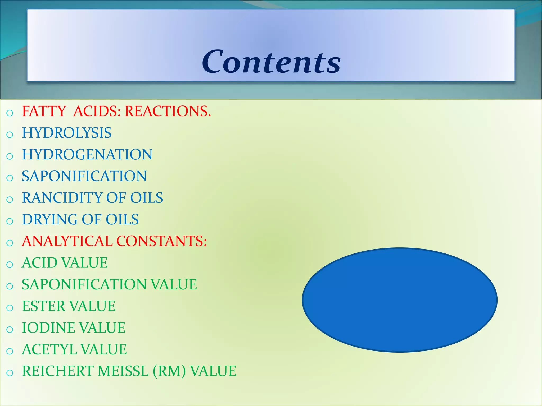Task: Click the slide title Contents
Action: pos(271,62)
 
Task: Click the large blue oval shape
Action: pos(400,300)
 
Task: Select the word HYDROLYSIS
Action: pos(67,133)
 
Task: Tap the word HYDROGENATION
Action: pos(87,154)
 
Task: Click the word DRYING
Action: pos(49,219)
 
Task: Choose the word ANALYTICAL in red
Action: pos(67,241)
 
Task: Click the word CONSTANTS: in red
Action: pos(161,241)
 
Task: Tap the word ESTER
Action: pos(43,306)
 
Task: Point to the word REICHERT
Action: pos(58,371)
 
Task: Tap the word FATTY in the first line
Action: pos(44,111)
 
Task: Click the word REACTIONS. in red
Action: pos(168,111)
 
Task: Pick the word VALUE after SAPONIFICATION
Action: pos(174,284)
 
